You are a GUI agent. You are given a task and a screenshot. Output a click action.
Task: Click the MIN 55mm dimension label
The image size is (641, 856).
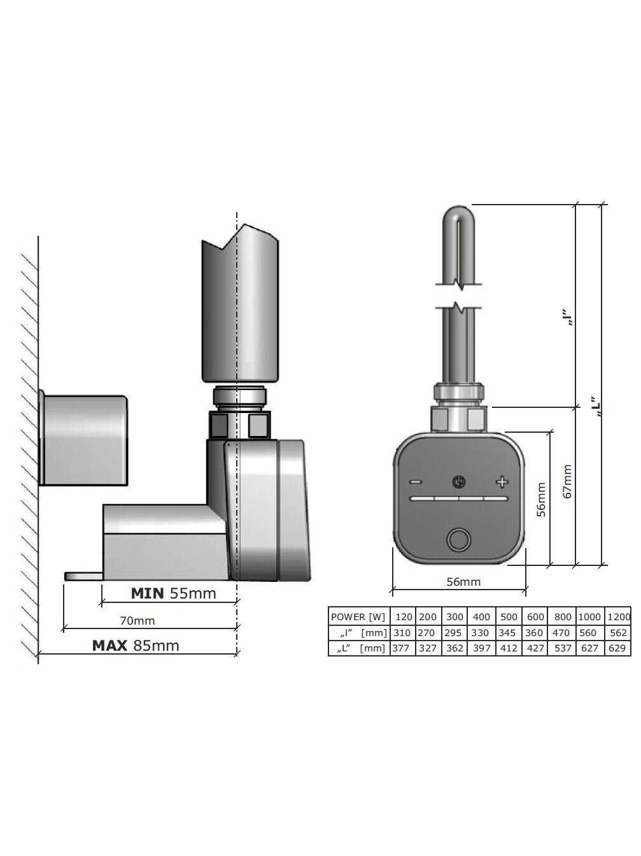pyautogui.click(x=173, y=593)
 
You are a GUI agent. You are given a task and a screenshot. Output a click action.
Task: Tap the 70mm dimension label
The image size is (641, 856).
pyautogui.click(x=137, y=620)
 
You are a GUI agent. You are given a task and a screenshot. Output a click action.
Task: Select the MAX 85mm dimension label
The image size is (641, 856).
pyautogui.click(x=136, y=646)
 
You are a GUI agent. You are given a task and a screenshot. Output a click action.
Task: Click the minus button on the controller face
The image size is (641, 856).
pyautogui.click(x=416, y=482)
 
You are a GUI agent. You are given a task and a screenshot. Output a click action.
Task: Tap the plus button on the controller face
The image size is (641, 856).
pyautogui.click(x=502, y=482)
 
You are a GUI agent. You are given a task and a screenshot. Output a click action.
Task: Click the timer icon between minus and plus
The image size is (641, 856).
pyautogui.click(x=459, y=482)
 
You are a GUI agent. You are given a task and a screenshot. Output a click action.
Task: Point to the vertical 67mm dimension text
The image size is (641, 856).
pyautogui.click(x=567, y=481)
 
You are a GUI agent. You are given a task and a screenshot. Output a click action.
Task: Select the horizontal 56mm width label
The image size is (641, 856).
pyautogui.click(x=463, y=582)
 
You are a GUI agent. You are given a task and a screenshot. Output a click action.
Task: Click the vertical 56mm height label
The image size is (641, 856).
pyautogui.click(x=541, y=500)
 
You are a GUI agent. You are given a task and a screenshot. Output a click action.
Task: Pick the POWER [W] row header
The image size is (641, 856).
pyautogui.click(x=358, y=617)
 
